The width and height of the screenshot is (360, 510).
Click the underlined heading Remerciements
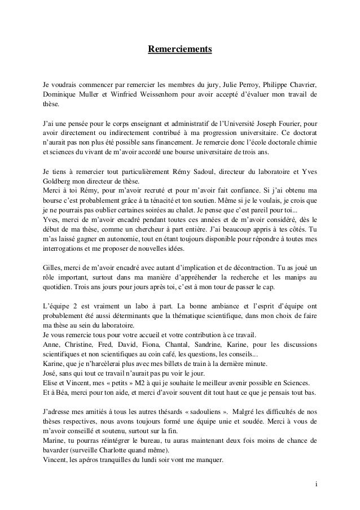[x=179, y=50]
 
